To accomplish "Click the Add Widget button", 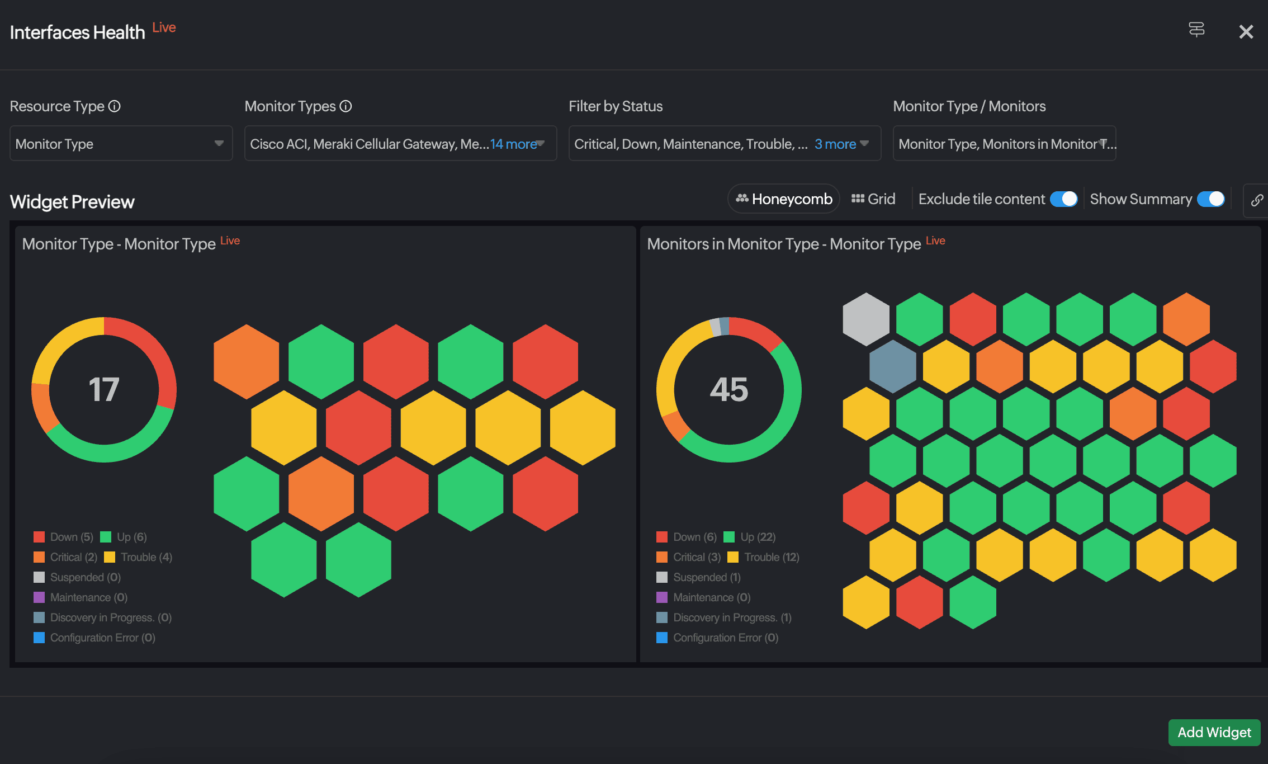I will [1214, 732].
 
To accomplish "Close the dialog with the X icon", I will [1246, 32].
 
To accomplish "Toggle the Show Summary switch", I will [1211, 199].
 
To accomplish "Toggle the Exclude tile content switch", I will [1063, 199].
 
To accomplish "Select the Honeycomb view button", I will [784, 199].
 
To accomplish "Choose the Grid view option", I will [873, 199].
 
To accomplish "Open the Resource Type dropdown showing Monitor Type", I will [121, 144].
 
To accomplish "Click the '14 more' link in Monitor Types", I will [513, 144].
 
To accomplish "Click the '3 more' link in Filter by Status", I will [835, 144].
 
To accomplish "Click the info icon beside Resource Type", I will [115, 106].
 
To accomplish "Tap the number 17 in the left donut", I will [104, 389].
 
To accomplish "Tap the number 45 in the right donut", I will [729, 389].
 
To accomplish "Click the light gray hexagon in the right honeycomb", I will [866, 319].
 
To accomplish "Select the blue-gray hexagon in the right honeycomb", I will [893, 366].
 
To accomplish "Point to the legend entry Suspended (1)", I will [707, 577].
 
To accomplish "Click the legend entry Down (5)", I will [71, 537].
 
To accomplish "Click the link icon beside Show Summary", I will [1256, 200].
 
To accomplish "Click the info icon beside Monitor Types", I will [346, 106].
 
